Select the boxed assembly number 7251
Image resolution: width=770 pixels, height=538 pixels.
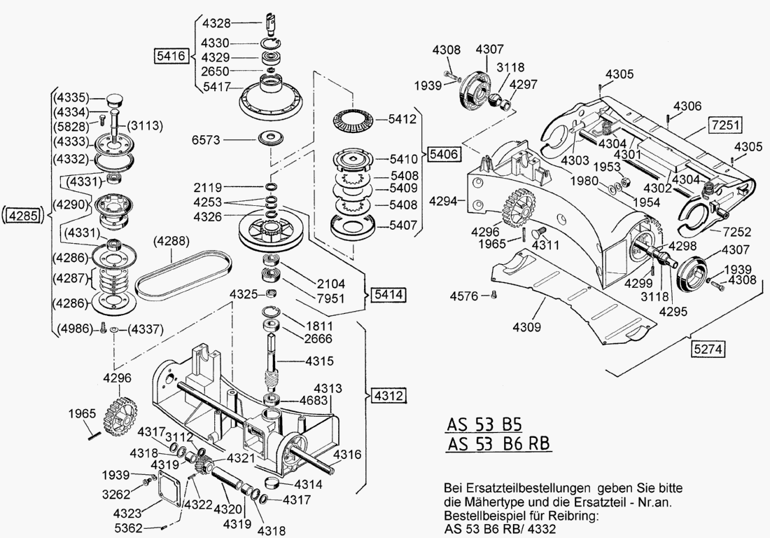click(x=725, y=125)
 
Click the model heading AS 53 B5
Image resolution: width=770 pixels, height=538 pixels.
click(x=484, y=425)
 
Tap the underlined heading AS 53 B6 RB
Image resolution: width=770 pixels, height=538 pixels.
click(x=498, y=444)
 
